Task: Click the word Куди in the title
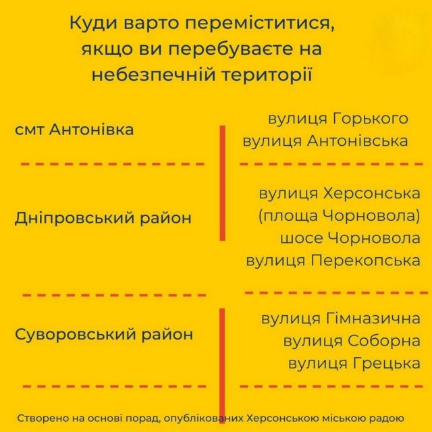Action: coord(94,24)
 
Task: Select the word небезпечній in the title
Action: coord(153,74)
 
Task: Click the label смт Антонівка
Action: coord(74,130)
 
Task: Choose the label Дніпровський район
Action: coord(103,218)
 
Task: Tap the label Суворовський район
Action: coord(104,335)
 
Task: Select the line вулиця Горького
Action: coord(338,119)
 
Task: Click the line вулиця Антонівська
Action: coord(325,141)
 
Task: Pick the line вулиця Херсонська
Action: coord(340,194)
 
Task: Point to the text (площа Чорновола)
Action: coord(340,216)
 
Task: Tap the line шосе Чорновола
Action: coord(350,238)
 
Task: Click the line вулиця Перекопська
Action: coord(333,261)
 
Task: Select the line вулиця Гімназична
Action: coord(341,319)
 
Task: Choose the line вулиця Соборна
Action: coord(352,341)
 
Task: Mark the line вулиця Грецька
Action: coord(354,363)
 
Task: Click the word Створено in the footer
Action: coord(43,418)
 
